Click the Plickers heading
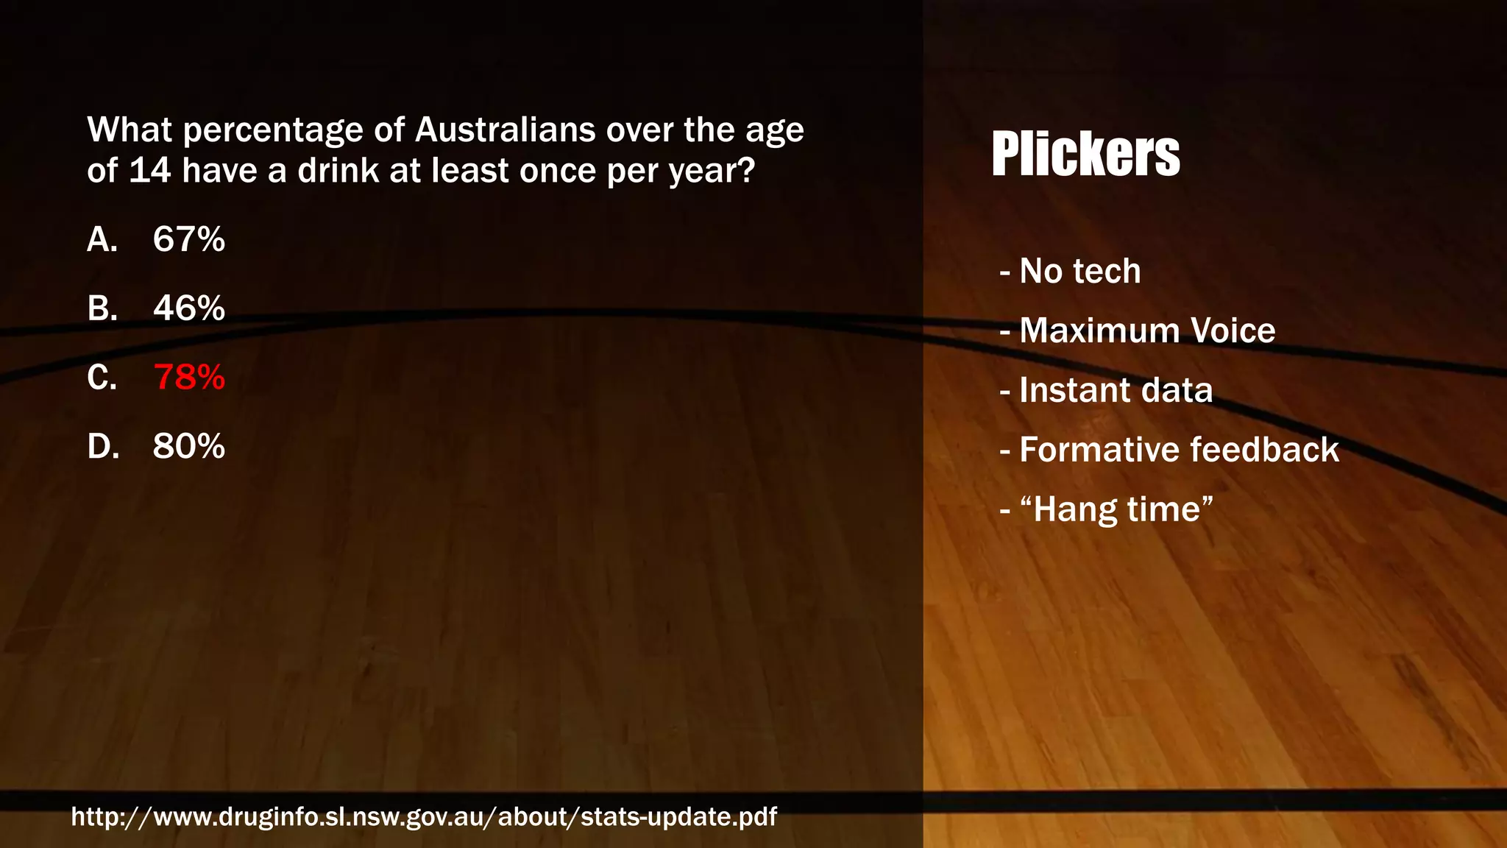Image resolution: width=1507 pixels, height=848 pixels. click(x=1085, y=154)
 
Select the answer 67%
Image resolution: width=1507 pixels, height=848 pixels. click(x=188, y=239)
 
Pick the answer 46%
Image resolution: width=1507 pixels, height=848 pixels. click(x=188, y=308)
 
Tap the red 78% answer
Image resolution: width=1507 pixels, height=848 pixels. click(x=188, y=377)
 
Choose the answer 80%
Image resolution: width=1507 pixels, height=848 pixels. click(x=188, y=446)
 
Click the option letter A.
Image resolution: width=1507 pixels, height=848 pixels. click(x=102, y=239)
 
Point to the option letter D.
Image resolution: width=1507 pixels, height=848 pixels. click(x=102, y=446)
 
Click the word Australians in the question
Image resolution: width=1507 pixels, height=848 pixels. click(x=506, y=130)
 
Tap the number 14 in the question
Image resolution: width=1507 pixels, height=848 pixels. click(x=150, y=171)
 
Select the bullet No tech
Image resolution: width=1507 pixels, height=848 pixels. click(x=1079, y=271)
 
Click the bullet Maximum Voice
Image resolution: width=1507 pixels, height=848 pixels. click(x=1146, y=331)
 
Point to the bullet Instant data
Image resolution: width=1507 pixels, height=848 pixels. click(x=1116, y=390)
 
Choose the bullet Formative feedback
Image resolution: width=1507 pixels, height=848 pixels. click(x=1179, y=450)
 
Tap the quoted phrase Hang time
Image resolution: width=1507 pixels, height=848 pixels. click(x=1116, y=509)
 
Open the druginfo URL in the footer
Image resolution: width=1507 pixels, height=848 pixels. click(x=424, y=816)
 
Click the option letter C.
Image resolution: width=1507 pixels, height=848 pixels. click(x=102, y=377)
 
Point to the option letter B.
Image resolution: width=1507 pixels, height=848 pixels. click(x=102, y=308)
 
